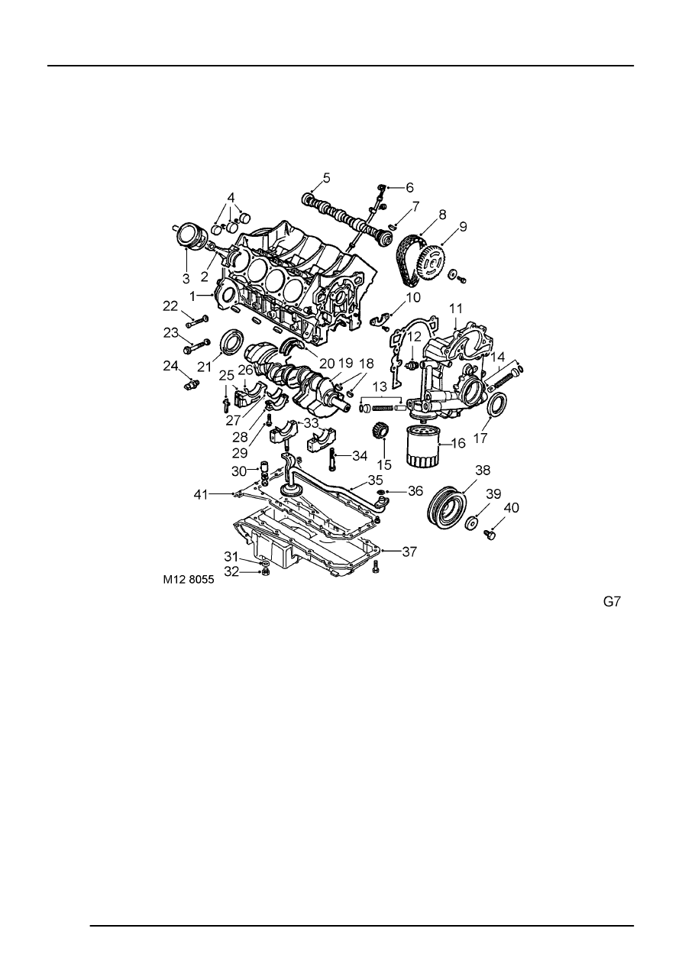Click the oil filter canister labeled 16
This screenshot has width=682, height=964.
coord(422,446)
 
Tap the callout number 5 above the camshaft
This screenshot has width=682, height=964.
coord(327,178)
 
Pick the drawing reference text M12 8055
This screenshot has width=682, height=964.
coord(188,580)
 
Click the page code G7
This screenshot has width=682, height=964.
coord(612,601)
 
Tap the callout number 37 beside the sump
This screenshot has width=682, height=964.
coord(409,552)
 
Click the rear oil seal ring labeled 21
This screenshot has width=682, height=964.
coord(232,341)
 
